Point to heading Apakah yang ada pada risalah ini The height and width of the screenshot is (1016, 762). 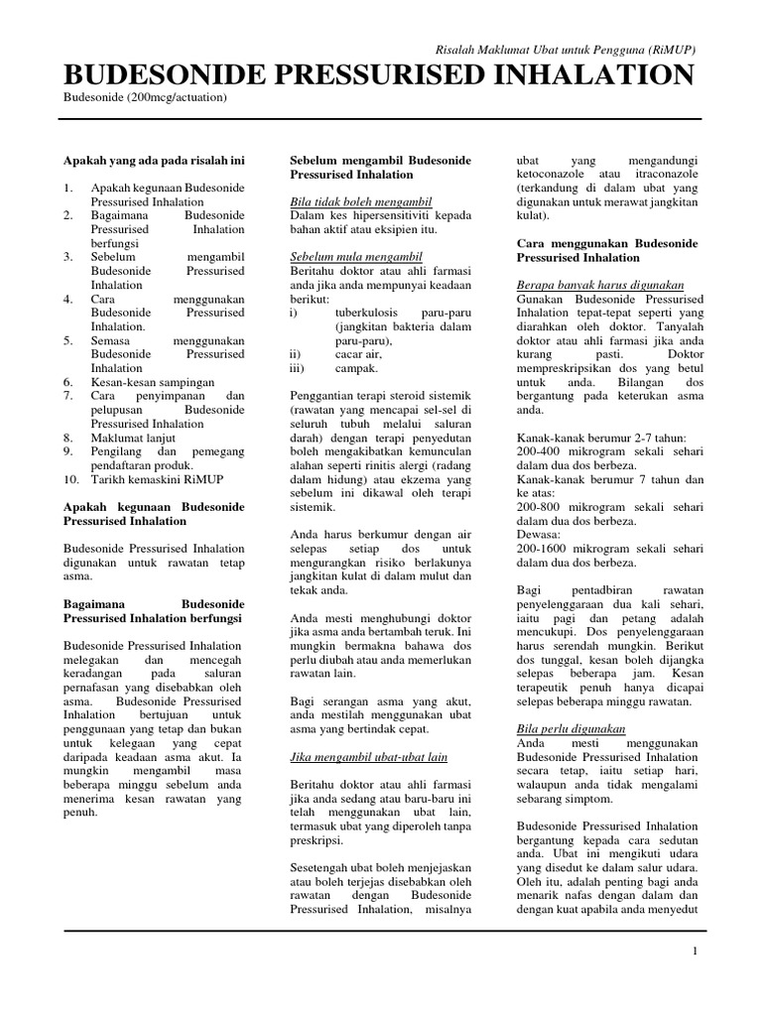click(x=154, y=160)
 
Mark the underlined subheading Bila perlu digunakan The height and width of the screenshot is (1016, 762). click(x=571, y=728)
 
